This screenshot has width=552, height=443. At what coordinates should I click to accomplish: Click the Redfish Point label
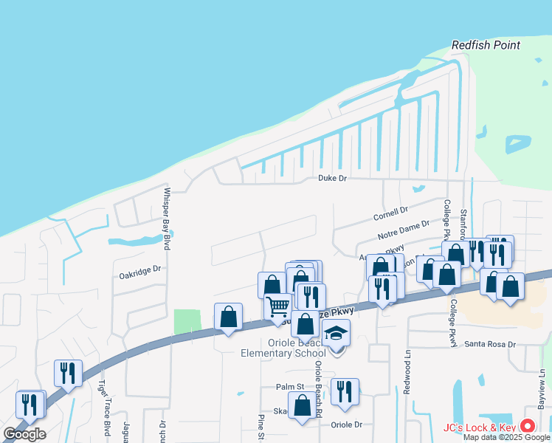tap(486, 45)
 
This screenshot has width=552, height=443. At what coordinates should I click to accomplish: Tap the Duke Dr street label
tap(331, 178)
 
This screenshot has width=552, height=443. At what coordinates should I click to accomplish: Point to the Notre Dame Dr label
tap(403, 228)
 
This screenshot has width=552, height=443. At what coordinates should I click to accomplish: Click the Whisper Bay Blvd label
tap(167, 219)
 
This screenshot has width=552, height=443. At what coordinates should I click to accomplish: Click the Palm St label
tap(290, 387)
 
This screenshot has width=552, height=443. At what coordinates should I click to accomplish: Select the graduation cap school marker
tap(337, 333)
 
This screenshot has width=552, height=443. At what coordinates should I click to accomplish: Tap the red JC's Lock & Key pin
tap(528, 426)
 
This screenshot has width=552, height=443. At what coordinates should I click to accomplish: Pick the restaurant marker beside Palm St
tap(345, 391)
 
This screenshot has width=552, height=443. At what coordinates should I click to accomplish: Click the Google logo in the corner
tap(25, 434)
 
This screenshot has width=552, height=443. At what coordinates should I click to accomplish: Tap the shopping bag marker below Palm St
tap(302, 406)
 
